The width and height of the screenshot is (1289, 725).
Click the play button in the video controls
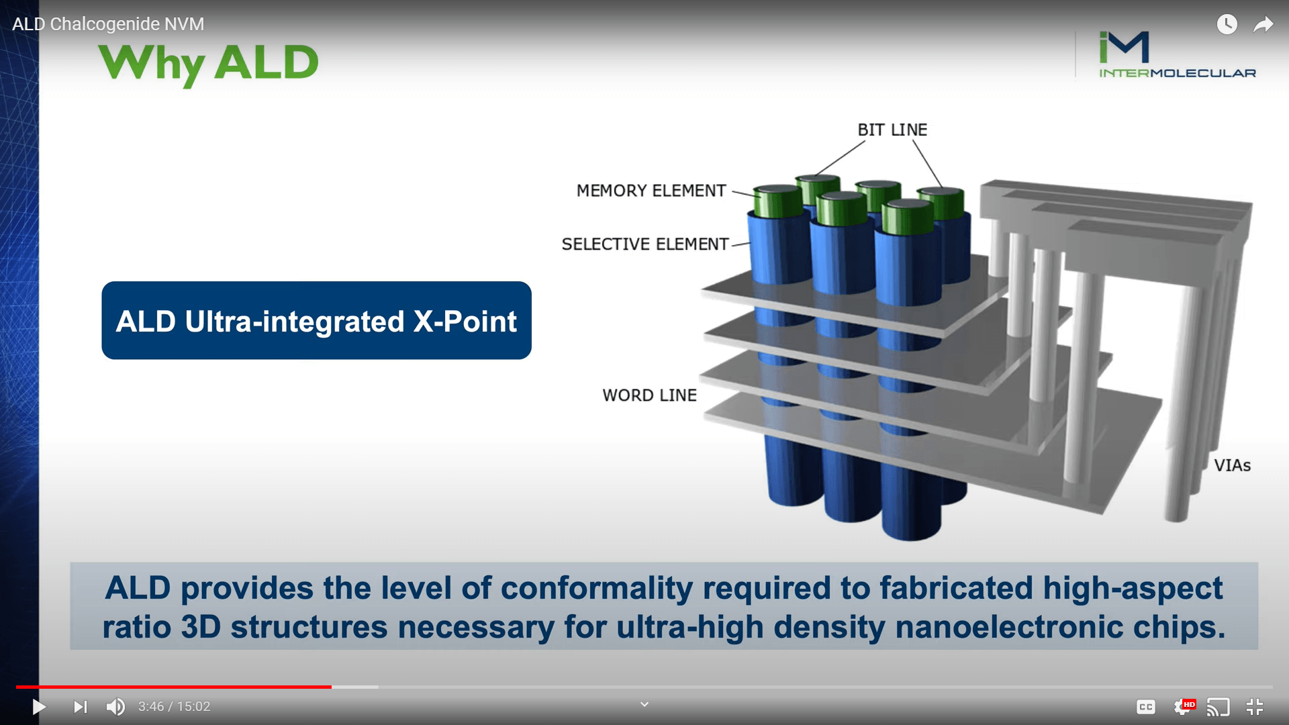pos(39,707)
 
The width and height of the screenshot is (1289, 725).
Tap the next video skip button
pos(81,707)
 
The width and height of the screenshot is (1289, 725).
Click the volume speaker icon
pos(115,707)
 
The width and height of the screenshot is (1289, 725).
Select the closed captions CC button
pos(1146,707)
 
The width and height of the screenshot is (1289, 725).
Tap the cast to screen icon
pos(1219,707)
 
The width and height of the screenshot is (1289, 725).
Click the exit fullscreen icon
pos(1255,707)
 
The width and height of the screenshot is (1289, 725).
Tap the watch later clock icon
pos(1227,24)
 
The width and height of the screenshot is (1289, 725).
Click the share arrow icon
pos(1263,25)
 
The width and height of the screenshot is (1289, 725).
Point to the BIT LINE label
pos(892,130)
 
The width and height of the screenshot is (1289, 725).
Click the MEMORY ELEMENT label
pos(651,191)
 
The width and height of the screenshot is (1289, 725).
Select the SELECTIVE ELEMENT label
pos(645,244)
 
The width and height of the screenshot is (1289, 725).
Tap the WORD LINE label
pos(650,395)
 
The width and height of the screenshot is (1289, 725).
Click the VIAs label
pos(1233,465)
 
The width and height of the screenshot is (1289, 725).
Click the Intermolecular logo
pos(1178,54)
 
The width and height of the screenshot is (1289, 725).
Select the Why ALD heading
pos(208,64)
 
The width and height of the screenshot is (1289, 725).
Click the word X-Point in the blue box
pos(465,322)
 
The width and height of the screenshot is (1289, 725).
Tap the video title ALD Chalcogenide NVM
pos(108,24)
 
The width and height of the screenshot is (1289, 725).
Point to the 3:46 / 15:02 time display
pos(175,707)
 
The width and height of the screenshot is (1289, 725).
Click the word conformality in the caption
pos(597,589)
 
